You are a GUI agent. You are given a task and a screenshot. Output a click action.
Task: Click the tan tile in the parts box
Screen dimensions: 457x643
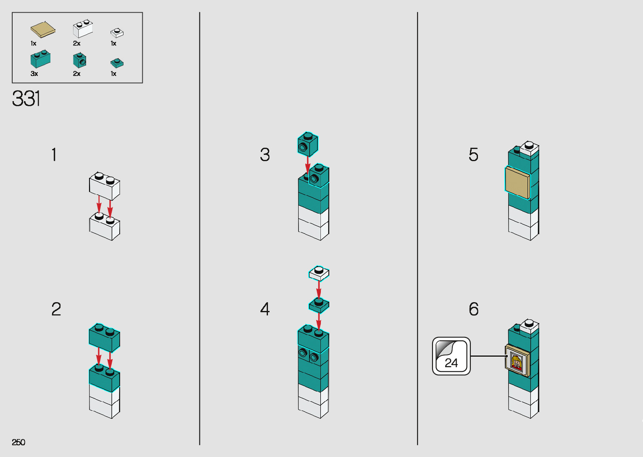[x=43, y=30]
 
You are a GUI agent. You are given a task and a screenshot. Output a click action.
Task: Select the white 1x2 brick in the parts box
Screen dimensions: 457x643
[x=83, y=29]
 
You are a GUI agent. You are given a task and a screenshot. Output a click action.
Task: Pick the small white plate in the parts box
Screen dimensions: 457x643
[x=117, y=32]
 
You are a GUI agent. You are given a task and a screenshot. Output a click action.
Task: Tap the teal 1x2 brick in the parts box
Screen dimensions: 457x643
[x=40, y=59]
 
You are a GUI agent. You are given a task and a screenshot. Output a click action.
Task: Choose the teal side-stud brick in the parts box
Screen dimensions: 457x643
[x=79, y=60]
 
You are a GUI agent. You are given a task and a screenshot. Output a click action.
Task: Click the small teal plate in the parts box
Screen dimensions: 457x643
[x=117, y=63]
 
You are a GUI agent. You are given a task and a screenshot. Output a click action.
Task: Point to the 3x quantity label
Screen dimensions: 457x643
[x=34, y=74]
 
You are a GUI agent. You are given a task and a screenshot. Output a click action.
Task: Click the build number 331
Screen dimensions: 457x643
[x=26, y=99]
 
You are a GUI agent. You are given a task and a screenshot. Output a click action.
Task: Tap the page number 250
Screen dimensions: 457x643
[x=18, y=442]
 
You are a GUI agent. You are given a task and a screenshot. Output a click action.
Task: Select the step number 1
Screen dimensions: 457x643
[x=54, y=154]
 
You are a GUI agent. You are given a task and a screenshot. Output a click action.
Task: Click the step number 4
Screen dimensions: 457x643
[x=265, y=309]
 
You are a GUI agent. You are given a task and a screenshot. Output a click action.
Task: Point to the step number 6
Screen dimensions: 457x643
[x=473, y=309]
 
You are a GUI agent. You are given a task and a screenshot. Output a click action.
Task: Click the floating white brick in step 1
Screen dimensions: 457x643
[x=104, y=186]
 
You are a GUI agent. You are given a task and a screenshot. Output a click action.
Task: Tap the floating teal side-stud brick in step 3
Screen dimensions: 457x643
[x=308, y=144]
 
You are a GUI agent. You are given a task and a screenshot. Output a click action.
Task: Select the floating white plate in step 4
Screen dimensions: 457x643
[x=319, y=273]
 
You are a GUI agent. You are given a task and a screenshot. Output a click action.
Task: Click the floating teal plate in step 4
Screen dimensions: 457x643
[x=319, y=305]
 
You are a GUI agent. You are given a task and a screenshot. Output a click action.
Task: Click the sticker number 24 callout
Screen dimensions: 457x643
[x=451, y=356]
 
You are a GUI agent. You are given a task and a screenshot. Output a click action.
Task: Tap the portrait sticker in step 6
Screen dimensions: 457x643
[x=517, y=361]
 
